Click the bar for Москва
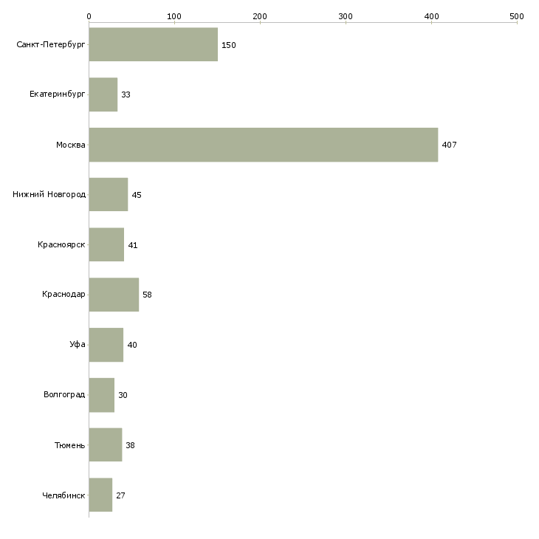pos(264,145)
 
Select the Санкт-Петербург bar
pos(154,44)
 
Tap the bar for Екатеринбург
pos(103,95)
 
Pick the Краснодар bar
pos(114,295)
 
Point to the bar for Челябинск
pos(100,495)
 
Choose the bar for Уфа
pos(106,345)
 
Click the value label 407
pos(449,145)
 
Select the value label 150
pos(229,45)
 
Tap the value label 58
pos(147,295)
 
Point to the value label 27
pos(120,495)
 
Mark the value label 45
pos(137,195)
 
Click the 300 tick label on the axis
pos(346,16)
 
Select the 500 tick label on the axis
pos(517,16)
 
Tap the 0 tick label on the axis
pos(89,16)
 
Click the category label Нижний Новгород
pos(49,194)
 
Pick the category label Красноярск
pos(61,244)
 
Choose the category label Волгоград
pos(64,394)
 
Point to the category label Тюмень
pos(70,445)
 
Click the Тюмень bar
pos(106,444)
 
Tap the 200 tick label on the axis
pos(259,16)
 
